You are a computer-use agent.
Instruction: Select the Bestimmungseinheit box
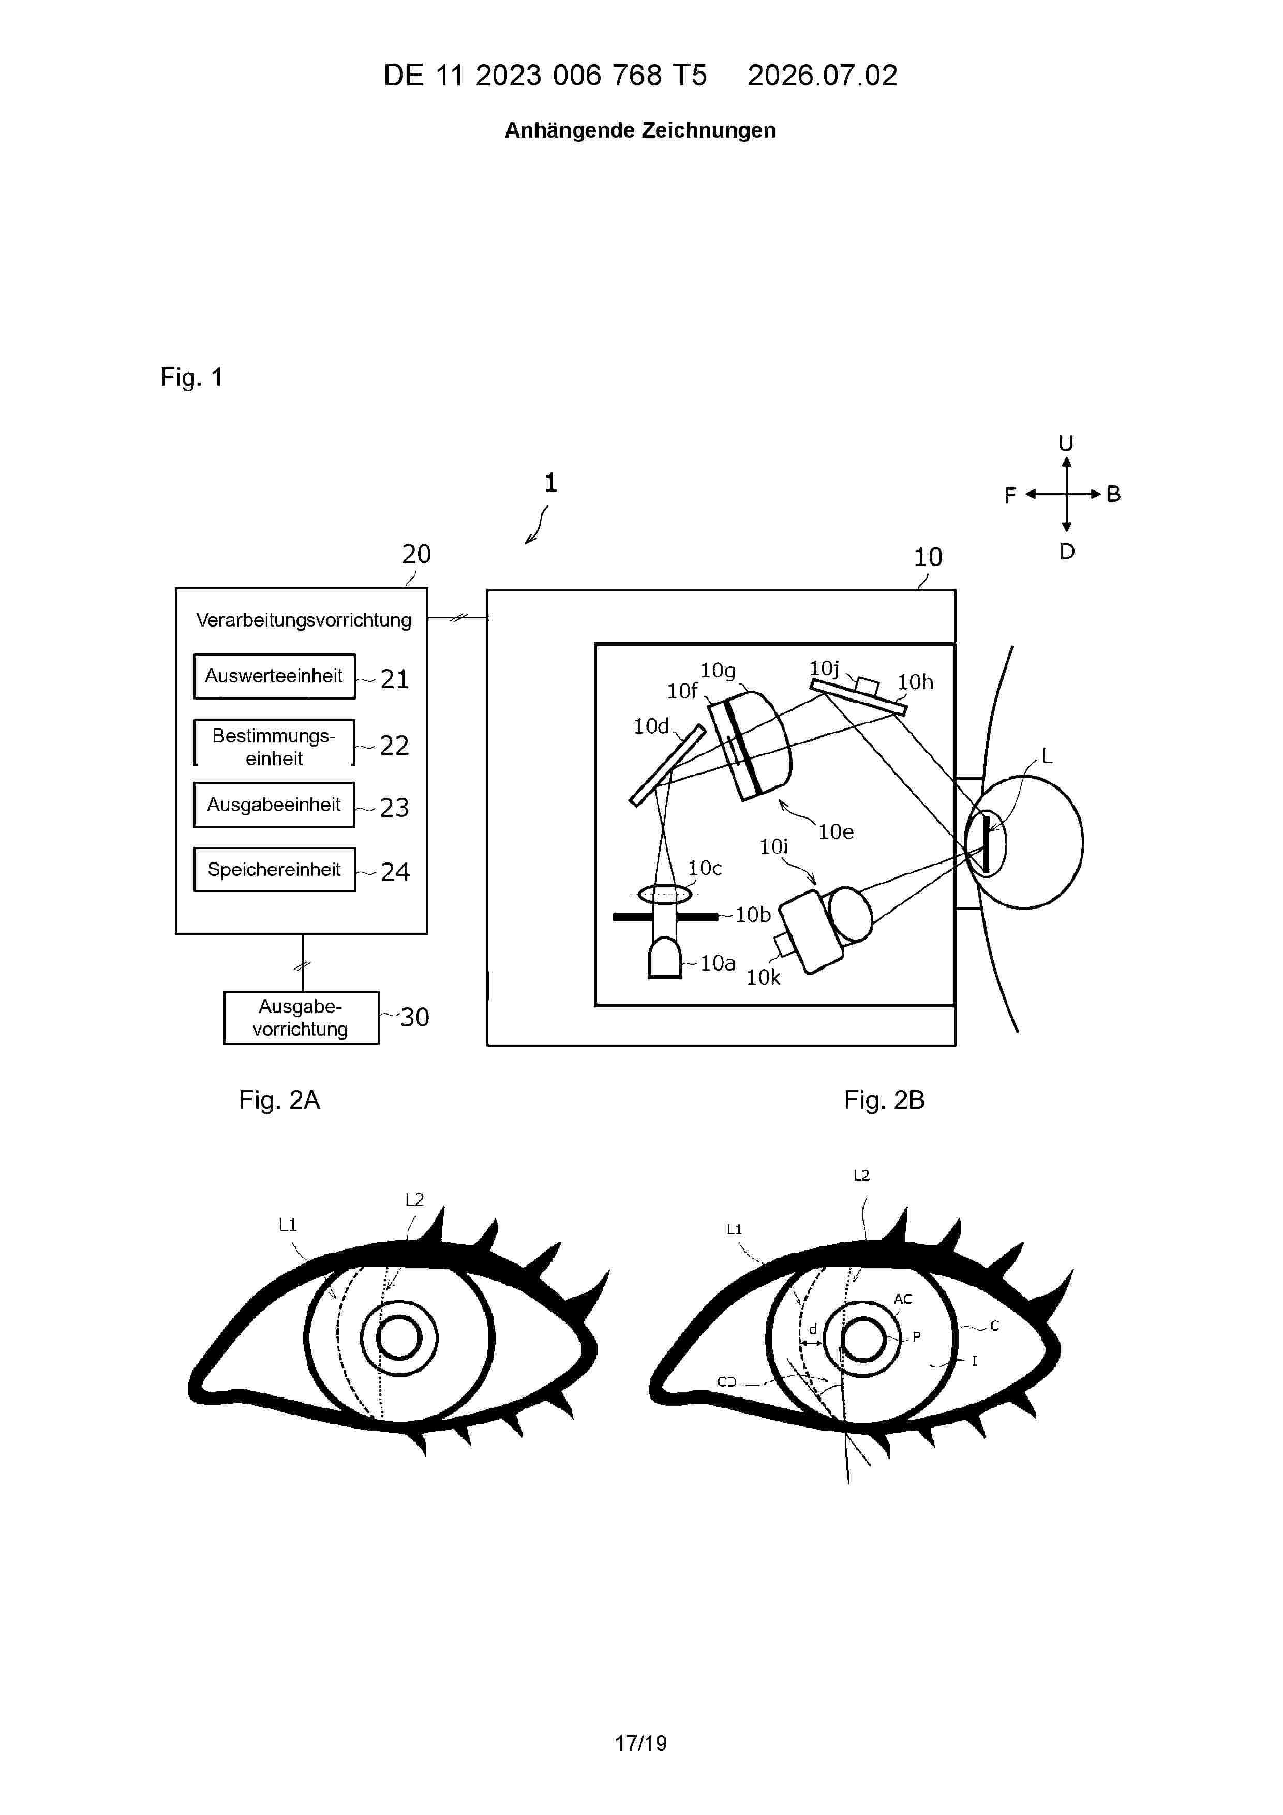coord(274,743)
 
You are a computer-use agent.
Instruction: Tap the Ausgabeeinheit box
coord(274,805)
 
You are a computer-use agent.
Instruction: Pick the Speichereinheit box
coord(274,870)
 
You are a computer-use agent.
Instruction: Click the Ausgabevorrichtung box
coord(301,1018)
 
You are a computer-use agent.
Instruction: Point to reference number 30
coord(414,1017)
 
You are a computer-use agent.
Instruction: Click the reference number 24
coord(395,872)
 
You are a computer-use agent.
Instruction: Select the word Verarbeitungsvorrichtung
coord(304,620)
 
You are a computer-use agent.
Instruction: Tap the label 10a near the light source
coord(718,963)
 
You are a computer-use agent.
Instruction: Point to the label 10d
coord(651,726)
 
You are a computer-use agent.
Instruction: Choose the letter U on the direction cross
coord(1066,443)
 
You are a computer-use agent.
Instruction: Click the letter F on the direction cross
coord(1009,496)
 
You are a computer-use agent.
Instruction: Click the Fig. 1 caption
coord(191,377)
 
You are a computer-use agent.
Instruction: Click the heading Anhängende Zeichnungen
coord(640,130)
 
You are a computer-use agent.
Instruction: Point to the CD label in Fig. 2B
coord(726,1382)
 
